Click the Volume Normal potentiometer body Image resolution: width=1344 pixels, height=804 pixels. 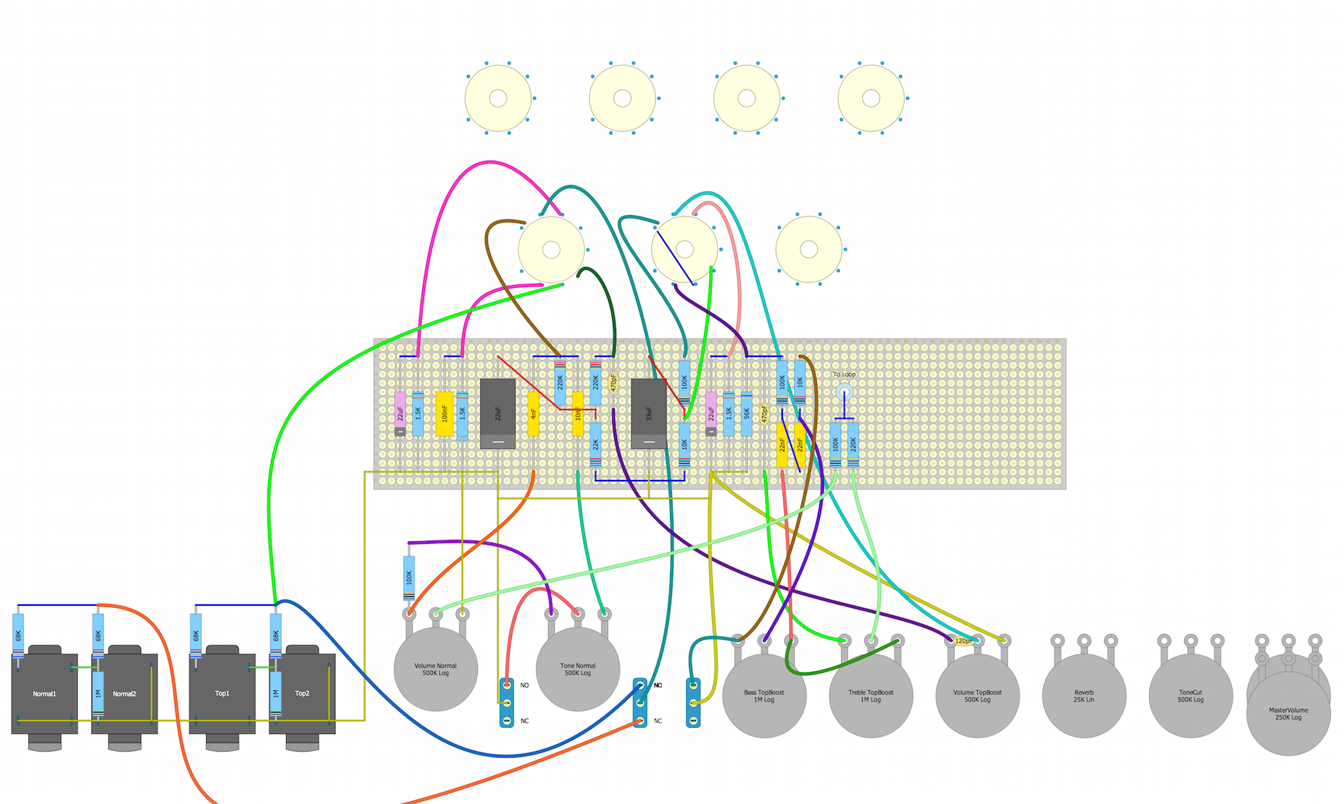(x=435, y=669)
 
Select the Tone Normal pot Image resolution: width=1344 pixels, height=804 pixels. (x=577, y=669)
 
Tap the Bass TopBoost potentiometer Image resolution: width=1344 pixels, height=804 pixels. (x=764, y=696)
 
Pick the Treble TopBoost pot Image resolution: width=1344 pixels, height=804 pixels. (x=870, y=696)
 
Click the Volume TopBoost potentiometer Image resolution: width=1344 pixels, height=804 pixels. (x=977, y=696)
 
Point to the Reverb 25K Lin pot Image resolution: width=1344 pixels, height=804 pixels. (x=1083, y=696)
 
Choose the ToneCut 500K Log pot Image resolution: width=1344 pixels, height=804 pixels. (x=1190, y=696)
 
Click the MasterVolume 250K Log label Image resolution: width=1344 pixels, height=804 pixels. (x=1288, y=713)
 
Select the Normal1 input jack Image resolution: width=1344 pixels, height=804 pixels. (x=44, y=694)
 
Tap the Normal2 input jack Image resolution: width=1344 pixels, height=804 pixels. (x=124, y=694)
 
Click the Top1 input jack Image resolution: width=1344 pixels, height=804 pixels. (x=222, y=694)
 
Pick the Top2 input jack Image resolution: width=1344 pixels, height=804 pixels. (x=302, y=694)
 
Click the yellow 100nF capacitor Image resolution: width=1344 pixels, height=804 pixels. (x=444, y=413)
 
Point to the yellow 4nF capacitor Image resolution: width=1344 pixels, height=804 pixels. (x=533, y=413)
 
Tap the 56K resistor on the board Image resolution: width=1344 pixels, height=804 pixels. (x=747, y=413)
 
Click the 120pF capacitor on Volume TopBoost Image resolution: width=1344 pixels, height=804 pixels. (x=963, y=641)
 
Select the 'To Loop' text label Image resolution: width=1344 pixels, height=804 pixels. (x=844, y=374)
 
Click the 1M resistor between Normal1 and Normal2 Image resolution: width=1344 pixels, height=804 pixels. (x=98, y=694)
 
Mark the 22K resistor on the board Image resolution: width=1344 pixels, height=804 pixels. (x=595, y=444)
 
